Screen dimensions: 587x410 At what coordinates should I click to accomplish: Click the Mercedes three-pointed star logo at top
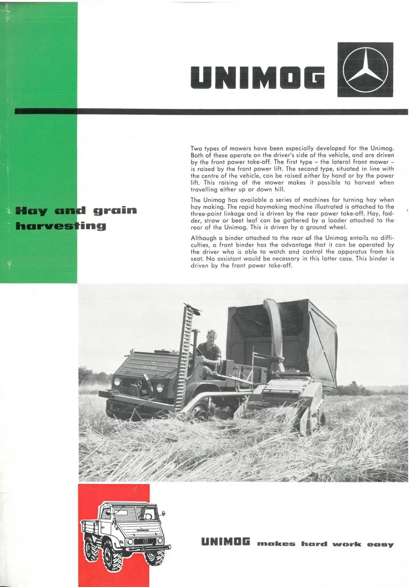[365, 70]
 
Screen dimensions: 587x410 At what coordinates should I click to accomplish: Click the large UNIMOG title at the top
[258, 77]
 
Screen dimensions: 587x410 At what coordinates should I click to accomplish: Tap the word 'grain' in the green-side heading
[115, 211]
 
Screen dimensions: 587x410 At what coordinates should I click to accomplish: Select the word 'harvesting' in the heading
[61, 226]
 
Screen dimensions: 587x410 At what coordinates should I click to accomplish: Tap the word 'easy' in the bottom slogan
[380, 544]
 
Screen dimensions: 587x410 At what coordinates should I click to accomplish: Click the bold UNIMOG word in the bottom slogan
[225, 542]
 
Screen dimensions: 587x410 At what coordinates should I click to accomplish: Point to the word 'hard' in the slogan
[314, 544]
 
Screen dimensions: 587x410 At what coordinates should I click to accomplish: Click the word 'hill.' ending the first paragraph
[279, 190]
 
